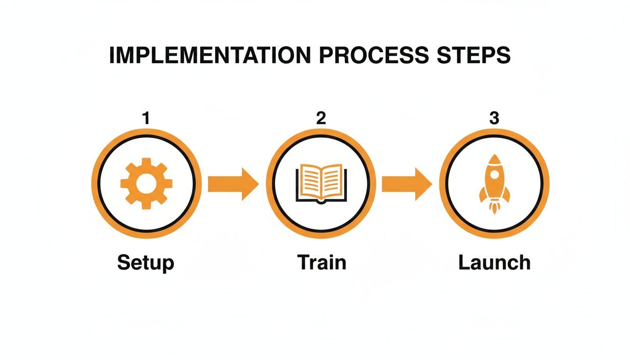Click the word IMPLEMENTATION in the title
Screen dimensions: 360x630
(x=209, y=55)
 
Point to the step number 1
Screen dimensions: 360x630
(x=146, y=119)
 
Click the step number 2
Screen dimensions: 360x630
(x=321, y=119)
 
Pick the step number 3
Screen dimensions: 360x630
(x=494, y=119)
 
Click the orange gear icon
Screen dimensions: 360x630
(x=146, y=183)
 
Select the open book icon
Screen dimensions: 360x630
(x=321, y=183)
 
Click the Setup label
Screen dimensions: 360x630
(x=146, y=262)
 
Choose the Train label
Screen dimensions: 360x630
(x=322, y=262)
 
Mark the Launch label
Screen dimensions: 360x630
(x=495, y=262)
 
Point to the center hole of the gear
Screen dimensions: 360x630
(x=146, y=183)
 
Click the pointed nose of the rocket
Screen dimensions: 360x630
(x=495, y=158)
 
